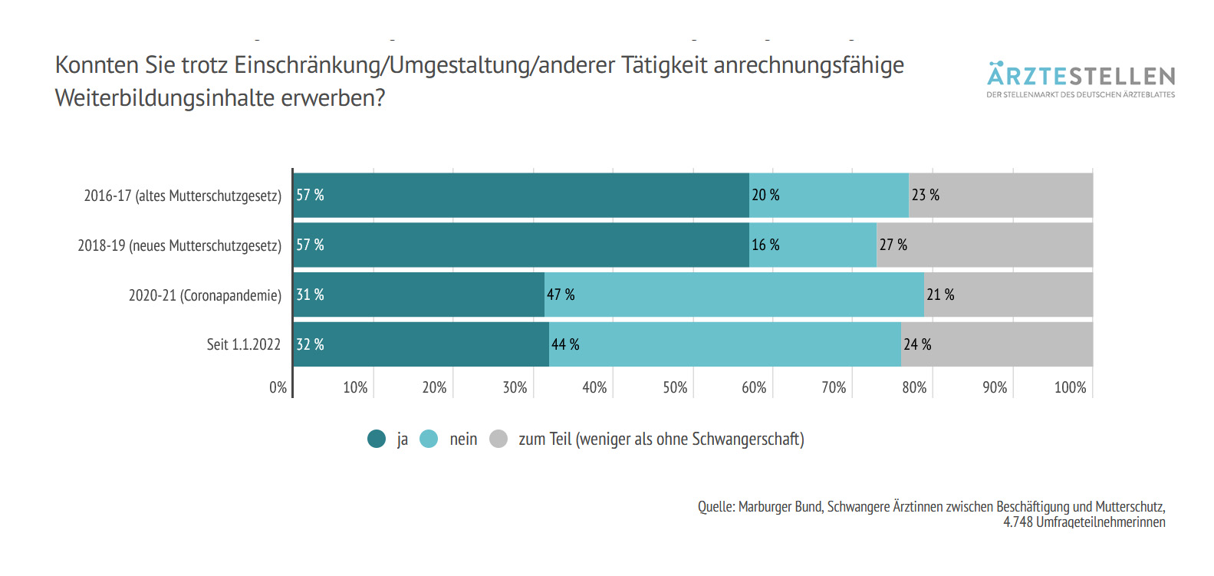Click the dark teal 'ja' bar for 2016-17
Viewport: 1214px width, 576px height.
521,195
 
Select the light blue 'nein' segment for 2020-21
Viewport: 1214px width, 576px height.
734,295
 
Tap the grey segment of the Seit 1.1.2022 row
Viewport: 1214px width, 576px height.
997,344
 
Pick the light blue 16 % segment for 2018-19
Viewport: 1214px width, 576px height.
813,245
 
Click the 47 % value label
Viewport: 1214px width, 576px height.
561,295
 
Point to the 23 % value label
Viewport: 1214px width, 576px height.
925,195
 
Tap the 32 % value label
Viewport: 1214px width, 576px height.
310,344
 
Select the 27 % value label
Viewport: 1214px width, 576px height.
893,245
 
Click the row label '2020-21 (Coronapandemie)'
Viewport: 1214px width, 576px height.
205,295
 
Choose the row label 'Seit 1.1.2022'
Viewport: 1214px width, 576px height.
243,344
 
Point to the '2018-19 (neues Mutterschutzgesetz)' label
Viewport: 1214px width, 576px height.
179,245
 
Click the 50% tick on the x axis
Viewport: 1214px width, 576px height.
675,387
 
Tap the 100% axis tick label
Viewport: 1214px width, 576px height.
1070,387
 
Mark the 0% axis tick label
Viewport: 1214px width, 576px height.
278,387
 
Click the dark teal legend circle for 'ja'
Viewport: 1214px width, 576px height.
377,439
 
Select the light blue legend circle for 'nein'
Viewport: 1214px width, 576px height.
429,439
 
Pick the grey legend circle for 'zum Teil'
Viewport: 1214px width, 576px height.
498,439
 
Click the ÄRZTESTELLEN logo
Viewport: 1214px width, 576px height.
1081,79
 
